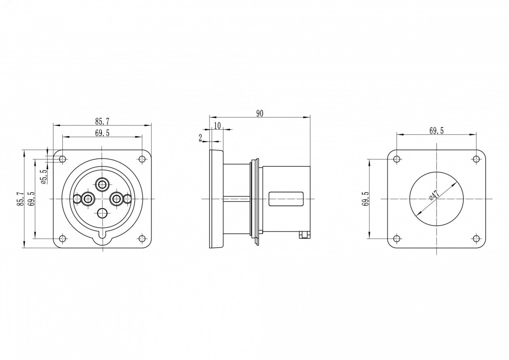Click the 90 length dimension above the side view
pyautogui.click(x=260, y=114)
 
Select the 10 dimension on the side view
pyautogui.click(x=218, y=126)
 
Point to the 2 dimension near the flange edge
pyautogui.click(x=200, y=138)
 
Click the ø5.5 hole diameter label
pyautogui.click(x=44, y=176)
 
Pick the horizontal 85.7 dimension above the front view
pyautogui.click(x=102, y=122)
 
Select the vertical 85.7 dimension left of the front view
pyautogui.click(x=20, y=199)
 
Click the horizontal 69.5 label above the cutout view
pyautogui.click(x=436, y=131)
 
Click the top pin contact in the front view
pyautogui.click(x=102, y=184)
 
